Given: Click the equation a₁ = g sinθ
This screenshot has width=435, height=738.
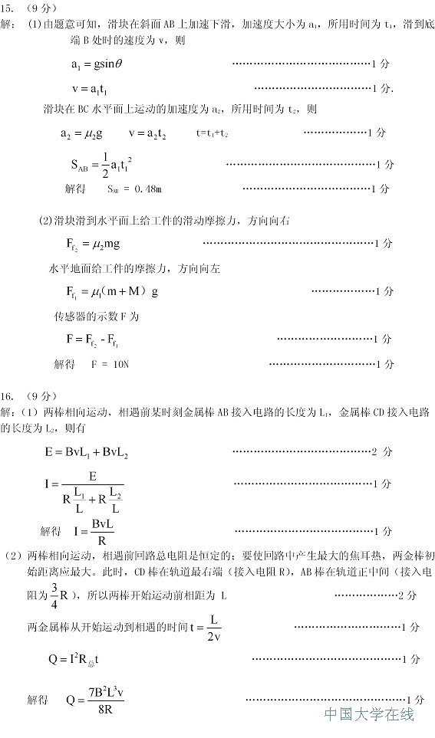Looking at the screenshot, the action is (97, 65).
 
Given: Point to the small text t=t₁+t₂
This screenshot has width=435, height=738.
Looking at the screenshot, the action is (212, 133).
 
